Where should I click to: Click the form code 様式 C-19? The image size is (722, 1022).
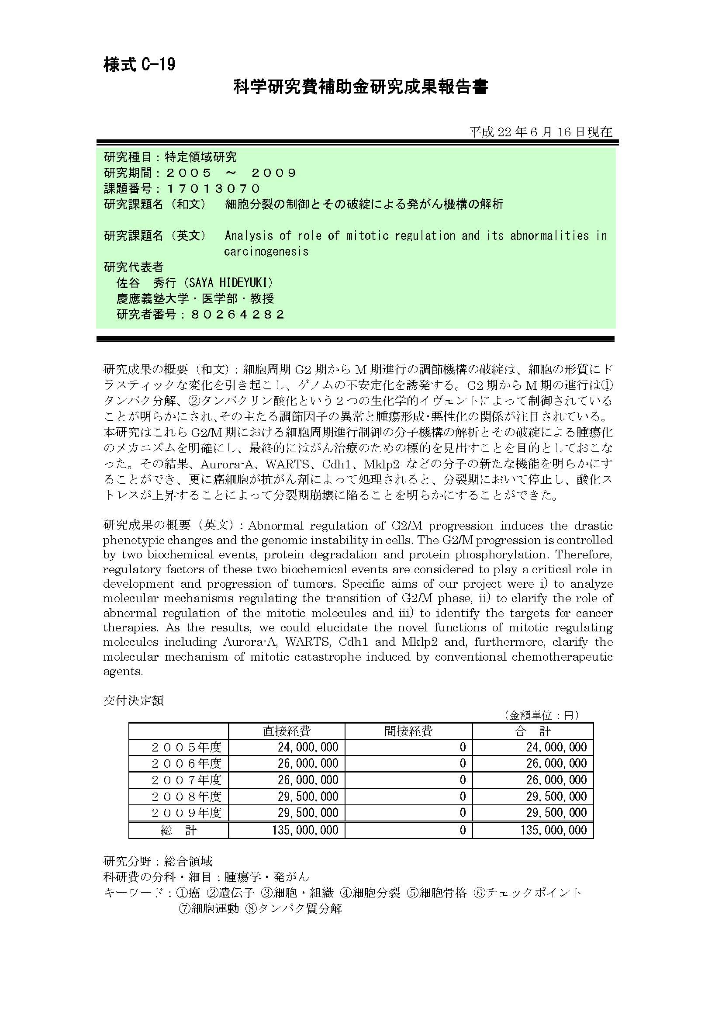pos(139,65)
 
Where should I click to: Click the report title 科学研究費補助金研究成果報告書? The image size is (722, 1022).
pos(360,87)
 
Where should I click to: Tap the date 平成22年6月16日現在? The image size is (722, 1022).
pos(540,132)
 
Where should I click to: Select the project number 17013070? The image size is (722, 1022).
pos(213,189)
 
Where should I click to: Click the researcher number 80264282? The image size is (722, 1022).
pos(238,315)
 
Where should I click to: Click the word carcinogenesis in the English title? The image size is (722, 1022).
pos(266,252)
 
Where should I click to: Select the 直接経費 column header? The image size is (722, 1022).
pos(287,731)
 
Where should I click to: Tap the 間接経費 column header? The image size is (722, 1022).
pos(408,731)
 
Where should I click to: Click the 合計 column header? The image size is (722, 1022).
pos(532,731)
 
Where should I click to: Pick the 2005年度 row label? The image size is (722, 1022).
pos(186,747)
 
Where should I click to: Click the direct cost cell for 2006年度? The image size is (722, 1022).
pos(308,764)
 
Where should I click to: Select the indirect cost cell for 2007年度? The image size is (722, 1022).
pos(463,780)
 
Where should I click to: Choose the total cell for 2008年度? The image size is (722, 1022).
pos(556,797)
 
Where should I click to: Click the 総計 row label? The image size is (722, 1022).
pos(178,830)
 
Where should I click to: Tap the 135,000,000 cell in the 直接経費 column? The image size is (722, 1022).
pos(305,830)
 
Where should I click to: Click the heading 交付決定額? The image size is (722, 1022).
pos(134,700)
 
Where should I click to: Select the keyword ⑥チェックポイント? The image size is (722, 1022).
pos(528,893)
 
